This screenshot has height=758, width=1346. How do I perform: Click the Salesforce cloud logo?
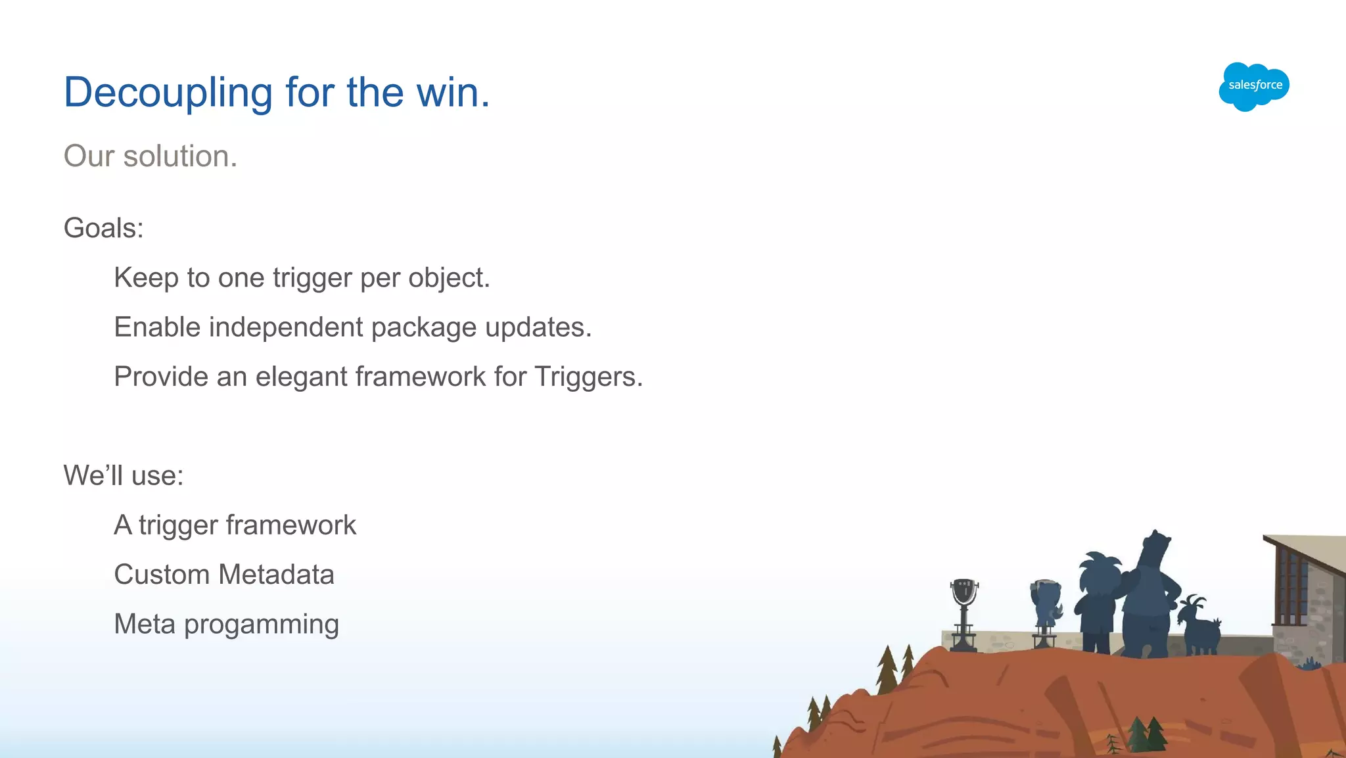click(x=1254, y=86)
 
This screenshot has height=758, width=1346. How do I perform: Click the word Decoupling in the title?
click(x=168, y=93)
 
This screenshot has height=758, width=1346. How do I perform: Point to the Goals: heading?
click(x=103, y=228)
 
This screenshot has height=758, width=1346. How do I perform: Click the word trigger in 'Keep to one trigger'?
click(x=312, y=278)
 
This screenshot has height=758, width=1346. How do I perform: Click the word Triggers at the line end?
click(x=588, y=377)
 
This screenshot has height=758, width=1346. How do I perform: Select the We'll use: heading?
click(x=124, y=475)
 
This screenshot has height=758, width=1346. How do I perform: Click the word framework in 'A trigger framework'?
click(x=291, y=525)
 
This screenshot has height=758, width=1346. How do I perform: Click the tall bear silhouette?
click(x=1149, y=598)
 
